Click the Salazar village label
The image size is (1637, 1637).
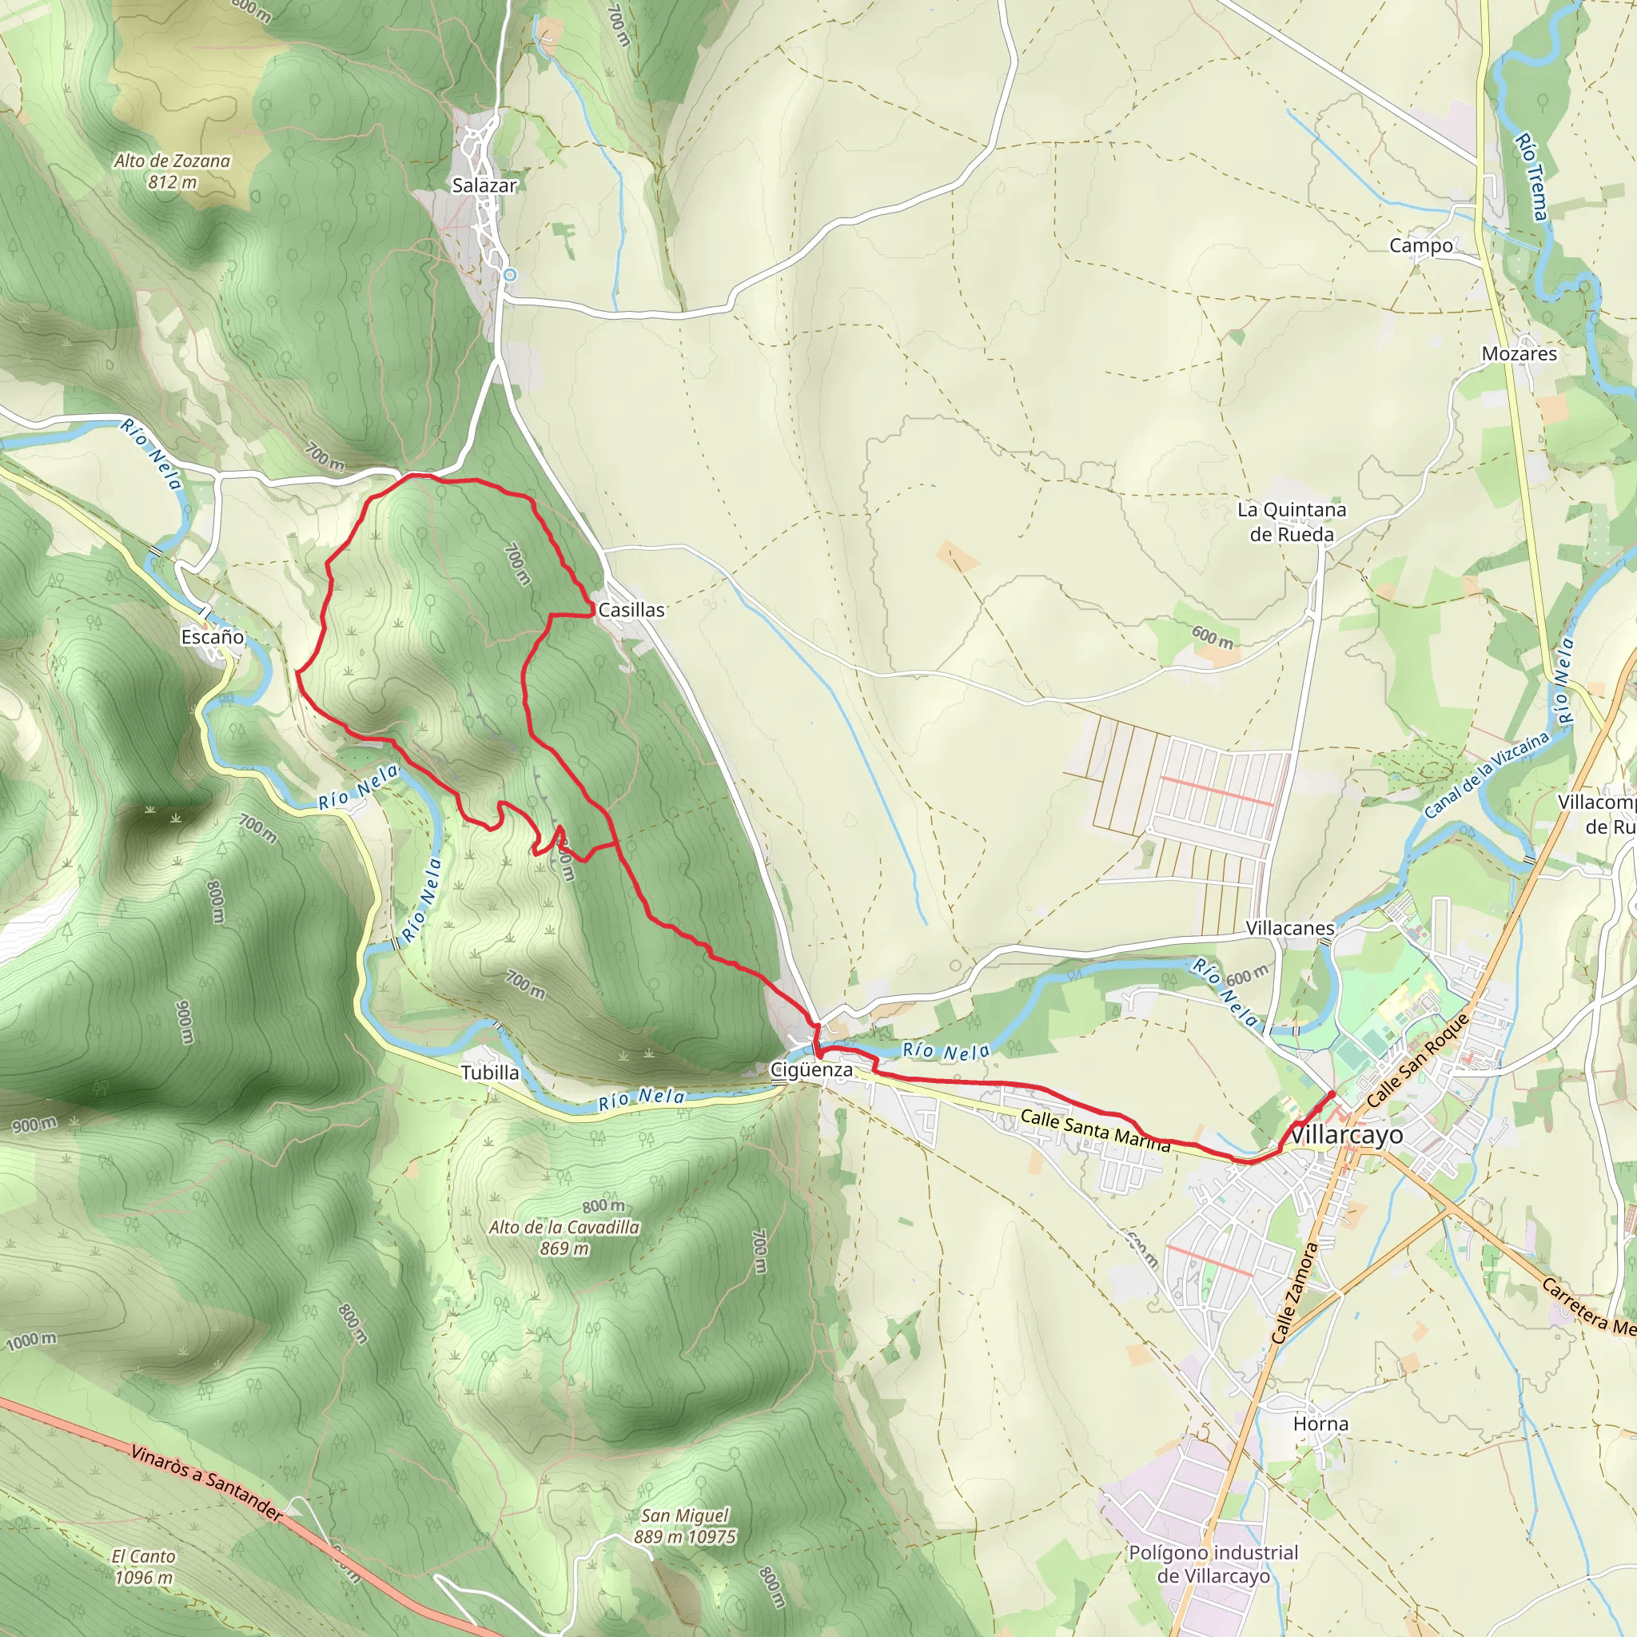(484, 185)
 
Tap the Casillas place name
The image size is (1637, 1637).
(631, 609)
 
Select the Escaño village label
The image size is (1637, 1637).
(213, 636)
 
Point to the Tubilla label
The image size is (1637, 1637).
(490, 1073)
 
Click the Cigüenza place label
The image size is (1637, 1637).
(811, 1069)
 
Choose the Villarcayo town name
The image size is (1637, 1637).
(1345, 1134)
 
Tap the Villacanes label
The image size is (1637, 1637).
(1289, 928)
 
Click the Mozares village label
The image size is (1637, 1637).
(1520, 353)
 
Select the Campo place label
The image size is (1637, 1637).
(1421, 245)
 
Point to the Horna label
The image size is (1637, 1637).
(1320, 1424)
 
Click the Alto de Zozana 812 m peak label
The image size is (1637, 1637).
(172, 170)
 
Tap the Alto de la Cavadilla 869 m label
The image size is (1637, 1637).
(564, 1237)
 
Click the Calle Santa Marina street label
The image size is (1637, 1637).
(1095, 1130)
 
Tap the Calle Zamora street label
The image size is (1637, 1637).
(1296, 1293)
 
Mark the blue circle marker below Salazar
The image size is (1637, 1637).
(509, 274)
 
